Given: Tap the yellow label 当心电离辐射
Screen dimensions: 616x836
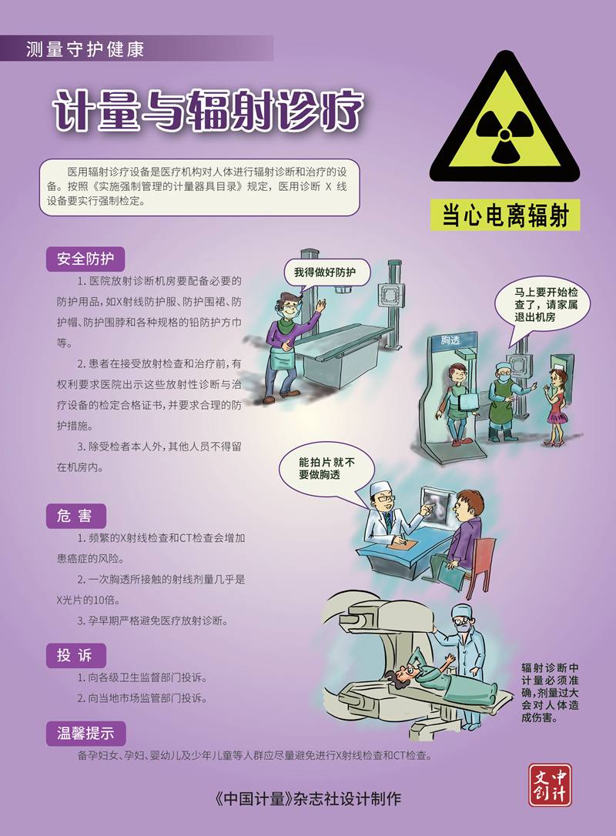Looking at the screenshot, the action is [x=505, y=216].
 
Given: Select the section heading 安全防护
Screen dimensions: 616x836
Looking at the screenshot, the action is [x=85, y=259].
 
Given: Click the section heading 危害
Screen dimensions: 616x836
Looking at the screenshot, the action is [x=75, y=516].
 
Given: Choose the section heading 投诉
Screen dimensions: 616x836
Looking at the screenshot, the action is [x=75, y=655].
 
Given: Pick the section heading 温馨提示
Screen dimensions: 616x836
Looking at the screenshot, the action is [x=86, y=733].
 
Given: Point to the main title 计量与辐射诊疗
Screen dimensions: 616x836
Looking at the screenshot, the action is [x=209, y=111].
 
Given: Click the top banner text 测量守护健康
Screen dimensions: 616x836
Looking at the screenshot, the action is [x=85, y=49].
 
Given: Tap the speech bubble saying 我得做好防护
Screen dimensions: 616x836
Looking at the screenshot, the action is [x=325, y=273].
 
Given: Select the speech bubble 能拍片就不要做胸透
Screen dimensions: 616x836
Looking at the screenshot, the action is [x=326, y=469].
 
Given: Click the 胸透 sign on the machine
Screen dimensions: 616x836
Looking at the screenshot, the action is [x=450, y=339].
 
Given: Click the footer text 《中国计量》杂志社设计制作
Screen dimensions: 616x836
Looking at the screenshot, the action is [x=306, y=799].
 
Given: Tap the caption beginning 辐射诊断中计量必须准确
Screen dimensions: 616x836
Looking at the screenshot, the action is [x=550, y=692].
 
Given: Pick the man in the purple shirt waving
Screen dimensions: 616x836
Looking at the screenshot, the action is [x=290, y=347].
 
